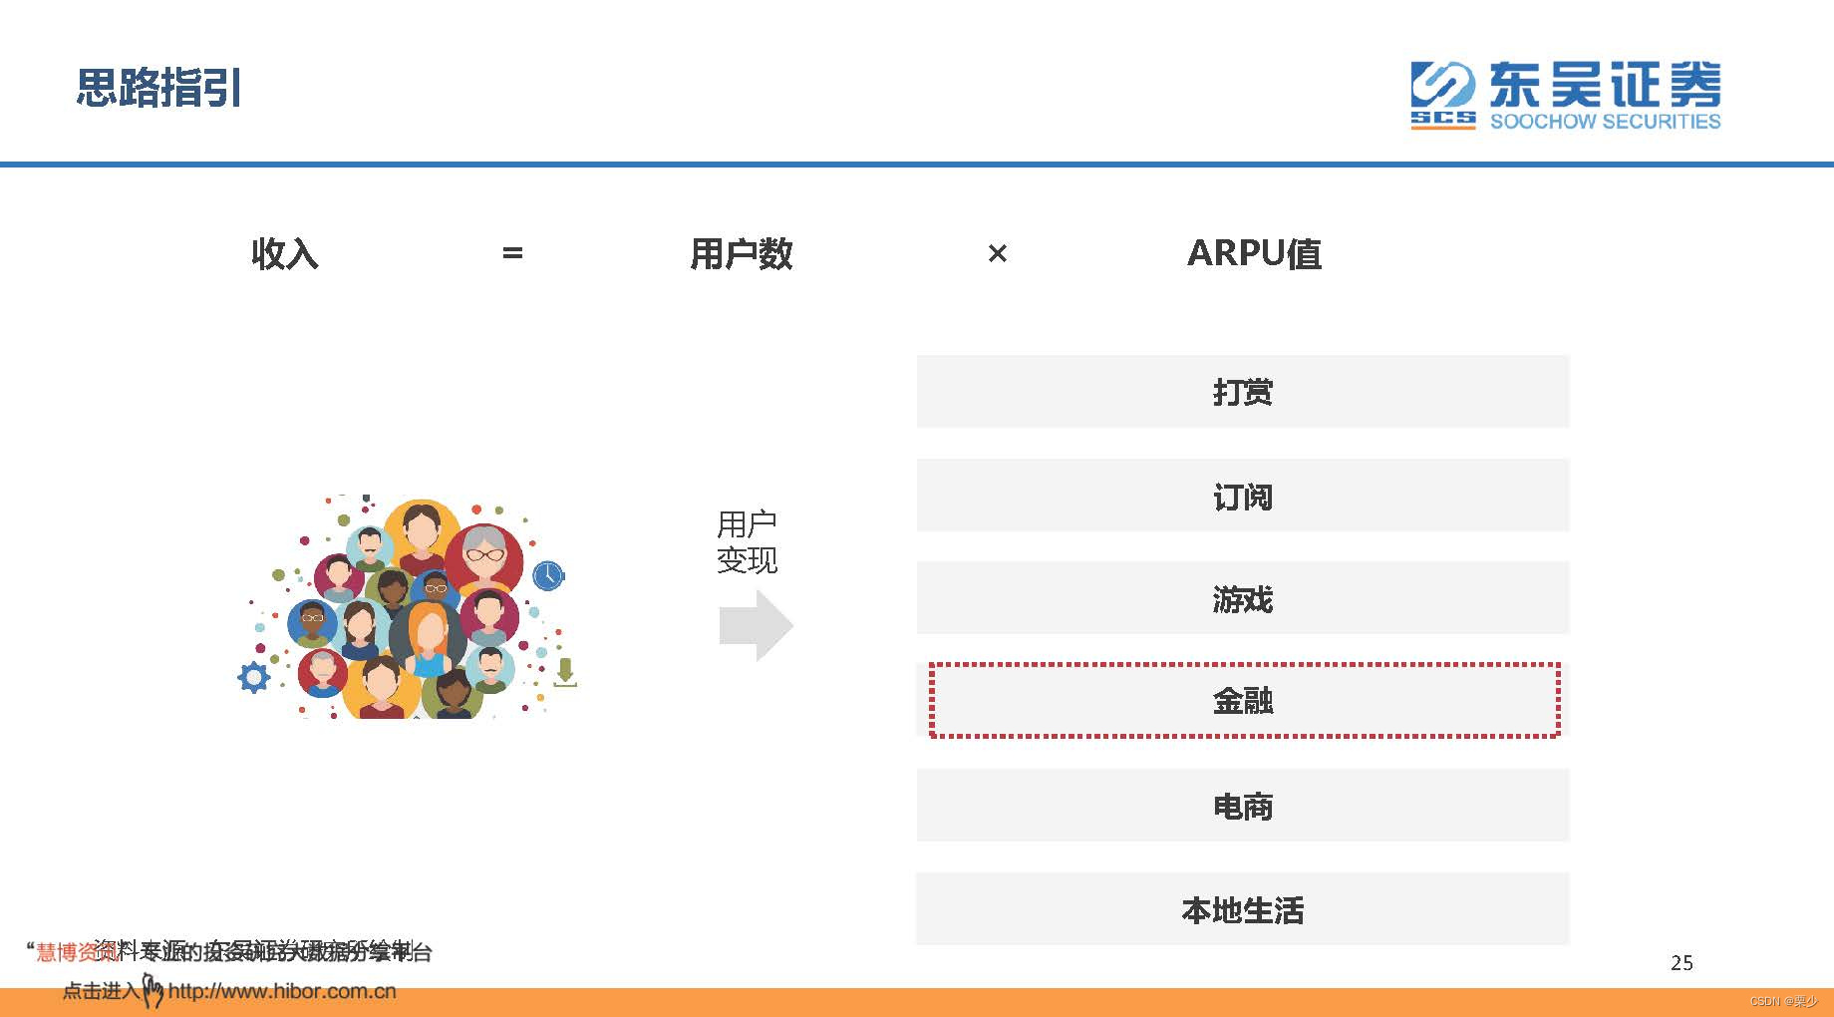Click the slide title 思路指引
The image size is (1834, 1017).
[x=159, y=88]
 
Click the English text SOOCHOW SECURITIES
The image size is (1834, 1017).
[x=1605, y=122]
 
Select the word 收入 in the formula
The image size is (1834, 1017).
[x=285, y=253]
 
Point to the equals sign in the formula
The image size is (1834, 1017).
[x=512, y=253]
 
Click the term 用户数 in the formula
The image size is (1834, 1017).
[x=741, y=253]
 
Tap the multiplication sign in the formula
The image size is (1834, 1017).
[x=997, y=254]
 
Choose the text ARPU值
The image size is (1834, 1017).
[x=1254, y=253]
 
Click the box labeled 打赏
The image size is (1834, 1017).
[x=1242, y=392]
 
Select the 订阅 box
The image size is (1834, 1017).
[x=1242, y=496]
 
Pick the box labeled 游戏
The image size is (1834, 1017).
[x=1242, y=598]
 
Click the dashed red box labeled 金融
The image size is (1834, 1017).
[x=1243, y=701]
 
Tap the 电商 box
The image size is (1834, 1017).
[x=1242, y=806]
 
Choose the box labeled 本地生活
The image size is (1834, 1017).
[x=1242, y=909]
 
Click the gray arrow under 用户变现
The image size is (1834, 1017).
[x=755, y=625]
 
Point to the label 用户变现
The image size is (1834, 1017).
[x=747, y=542]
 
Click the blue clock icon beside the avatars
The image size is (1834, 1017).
[x=548, y=575]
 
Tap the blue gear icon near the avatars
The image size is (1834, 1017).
[x=254, y=678]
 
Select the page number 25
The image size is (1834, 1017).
[x=1681, y=962]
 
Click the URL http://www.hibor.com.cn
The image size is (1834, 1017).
[x=282, y=991]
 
